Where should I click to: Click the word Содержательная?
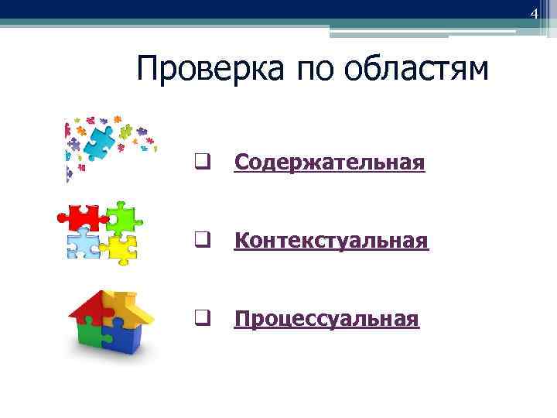pyautogui.click(x=330, y=163)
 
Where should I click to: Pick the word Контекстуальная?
pyautogui.click(x=330, y=241)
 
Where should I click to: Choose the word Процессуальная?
pyautogui.click(x=326, y=319)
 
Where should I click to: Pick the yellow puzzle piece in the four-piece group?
pyautogui.click(x=120, y=247)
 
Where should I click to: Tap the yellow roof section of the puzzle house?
pyautogui.click(x=128, y=306)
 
